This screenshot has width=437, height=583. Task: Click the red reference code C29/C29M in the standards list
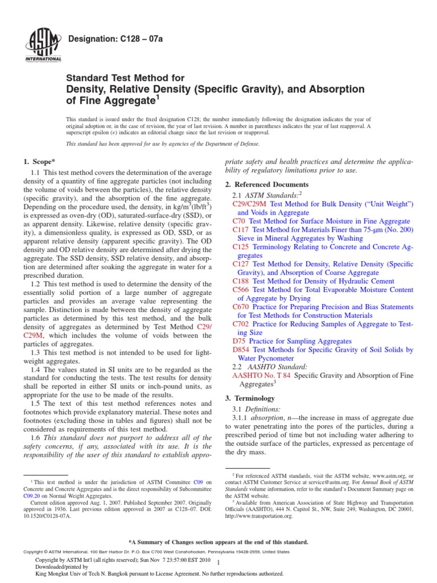point(250,203)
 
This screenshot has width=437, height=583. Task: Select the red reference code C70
point(239,220)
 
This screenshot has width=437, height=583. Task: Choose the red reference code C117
point(241,229)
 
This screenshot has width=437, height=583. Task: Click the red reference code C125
point(241,247)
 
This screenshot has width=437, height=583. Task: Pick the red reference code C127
point(241,264)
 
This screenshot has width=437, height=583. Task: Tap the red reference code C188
point(241,281)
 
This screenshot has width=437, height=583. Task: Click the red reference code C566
point(241,290)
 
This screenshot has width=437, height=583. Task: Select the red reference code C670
point(241,306)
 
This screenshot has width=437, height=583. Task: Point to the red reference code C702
point(241,323)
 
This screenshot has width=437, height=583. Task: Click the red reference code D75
point(239,341)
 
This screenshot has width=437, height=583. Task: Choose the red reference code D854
point(241,350)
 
